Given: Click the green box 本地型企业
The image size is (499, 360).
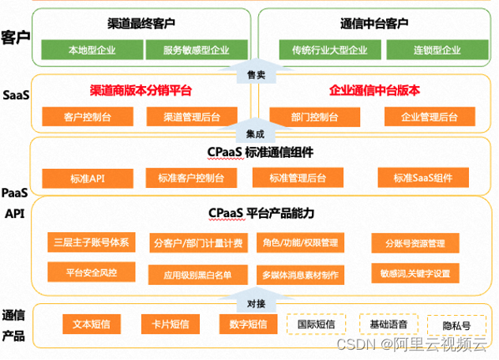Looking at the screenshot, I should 89,51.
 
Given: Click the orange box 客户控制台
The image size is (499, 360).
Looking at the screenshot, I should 88,118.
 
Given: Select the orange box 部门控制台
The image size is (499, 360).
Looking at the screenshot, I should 313,118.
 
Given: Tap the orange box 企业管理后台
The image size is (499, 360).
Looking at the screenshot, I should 429,118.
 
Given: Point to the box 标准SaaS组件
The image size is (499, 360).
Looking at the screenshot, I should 422,178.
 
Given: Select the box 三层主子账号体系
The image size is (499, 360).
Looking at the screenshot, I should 92,242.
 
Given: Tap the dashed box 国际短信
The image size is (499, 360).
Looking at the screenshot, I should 316,324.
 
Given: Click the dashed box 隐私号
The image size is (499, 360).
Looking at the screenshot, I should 456,324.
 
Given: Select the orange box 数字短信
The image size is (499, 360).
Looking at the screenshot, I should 244,324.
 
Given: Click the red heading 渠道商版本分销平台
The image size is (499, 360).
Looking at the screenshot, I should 141,90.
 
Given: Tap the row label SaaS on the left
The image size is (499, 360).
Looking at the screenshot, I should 15,96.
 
